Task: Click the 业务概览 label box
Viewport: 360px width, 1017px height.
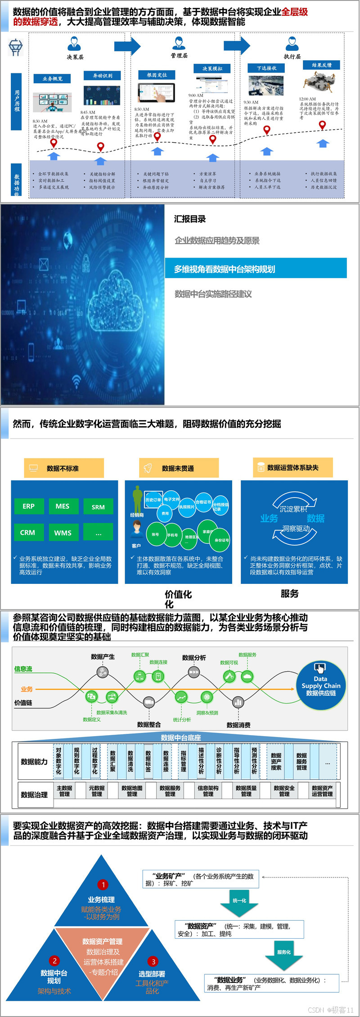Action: pos(52,79)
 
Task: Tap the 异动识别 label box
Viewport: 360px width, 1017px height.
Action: pos(102,76)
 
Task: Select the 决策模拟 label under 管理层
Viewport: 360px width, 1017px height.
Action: pos(212,68)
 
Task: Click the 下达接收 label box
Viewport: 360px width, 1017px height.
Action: pos(266,68)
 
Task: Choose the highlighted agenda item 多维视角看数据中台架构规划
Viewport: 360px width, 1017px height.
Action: pos(256,269)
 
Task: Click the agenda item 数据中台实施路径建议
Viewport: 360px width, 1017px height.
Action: pos(213,294)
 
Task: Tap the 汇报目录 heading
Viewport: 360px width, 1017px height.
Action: pos(190,219)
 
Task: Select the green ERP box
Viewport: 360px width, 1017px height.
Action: pos(28,506)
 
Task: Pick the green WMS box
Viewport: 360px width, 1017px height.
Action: pos(63,533)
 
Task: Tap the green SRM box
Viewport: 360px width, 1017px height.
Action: pos(98,506)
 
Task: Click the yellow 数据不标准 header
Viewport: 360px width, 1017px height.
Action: pos(63,468)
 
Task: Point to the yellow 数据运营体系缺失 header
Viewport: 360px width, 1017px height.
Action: pos(292,468)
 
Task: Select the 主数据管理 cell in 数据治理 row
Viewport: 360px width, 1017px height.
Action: pos(64,791)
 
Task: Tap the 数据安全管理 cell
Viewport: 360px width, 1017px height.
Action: pos(284,791)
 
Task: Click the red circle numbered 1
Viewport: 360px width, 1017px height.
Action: pos(103,884)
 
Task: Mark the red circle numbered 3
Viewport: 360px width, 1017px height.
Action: pos(153,961)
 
